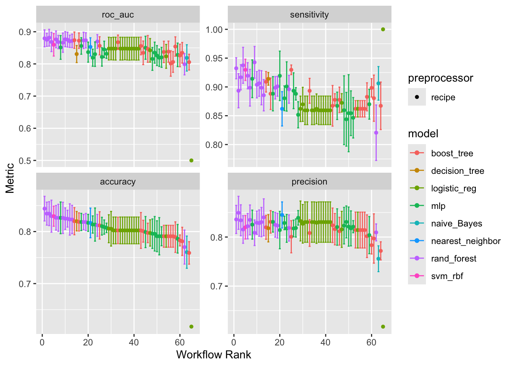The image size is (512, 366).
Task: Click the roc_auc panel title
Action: [x=118, y=15]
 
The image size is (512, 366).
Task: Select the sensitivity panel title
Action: [x=309, y=15]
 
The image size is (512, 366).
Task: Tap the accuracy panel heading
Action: [x=118, y=182]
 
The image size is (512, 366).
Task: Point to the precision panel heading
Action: [x=309, y=182]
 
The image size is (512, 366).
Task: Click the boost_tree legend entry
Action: [x=452, y=153]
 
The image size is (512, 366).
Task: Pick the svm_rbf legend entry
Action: [x=447, y=276]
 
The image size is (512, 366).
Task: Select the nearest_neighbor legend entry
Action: [x=466, y=241]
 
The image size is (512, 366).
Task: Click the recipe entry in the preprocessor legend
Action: [x=443, y=97]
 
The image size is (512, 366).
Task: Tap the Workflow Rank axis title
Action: [x=214, y=355]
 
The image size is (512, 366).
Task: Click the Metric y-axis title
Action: [x=10, y=178]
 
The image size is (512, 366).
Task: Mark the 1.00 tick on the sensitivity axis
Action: [x=216, y=30]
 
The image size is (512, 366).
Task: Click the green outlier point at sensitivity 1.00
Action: [x=383, y=29]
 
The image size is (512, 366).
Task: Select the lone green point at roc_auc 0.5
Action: [x=191, y=161]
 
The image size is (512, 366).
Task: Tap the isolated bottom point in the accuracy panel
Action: [x=191, y=326]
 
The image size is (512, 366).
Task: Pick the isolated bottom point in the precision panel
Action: [x=383, y=326]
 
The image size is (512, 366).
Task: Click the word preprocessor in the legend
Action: [x=440, y=78]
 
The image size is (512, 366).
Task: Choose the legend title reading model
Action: [x=423, y=134]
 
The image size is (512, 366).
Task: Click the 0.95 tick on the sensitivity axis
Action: [x=216, y=58]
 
